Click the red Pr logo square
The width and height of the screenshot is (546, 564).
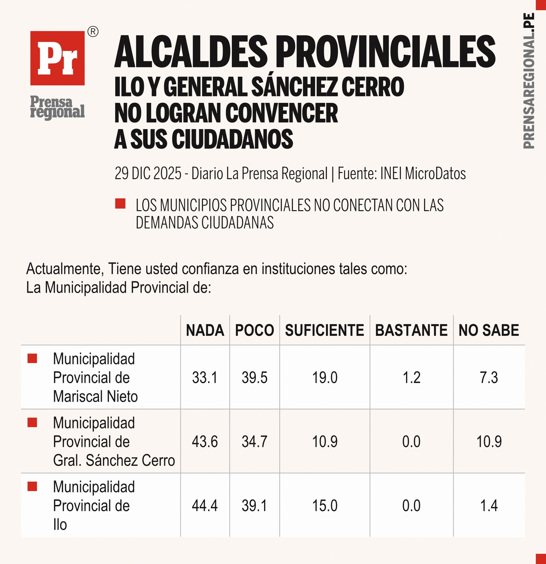(57, 58)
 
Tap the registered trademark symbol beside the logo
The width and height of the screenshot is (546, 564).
(93, 32)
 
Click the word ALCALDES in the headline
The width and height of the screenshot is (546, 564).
(191, 52)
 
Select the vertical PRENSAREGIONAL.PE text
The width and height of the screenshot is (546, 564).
(528, 81)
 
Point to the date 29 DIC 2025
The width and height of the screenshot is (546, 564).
(148, 173)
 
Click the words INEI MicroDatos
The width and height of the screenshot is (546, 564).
(423, 173)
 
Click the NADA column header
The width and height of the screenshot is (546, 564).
(205, 330)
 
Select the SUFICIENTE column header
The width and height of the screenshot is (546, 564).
(324, 330)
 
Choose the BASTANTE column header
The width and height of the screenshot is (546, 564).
(411, 330)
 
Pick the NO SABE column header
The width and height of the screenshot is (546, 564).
(489, 330)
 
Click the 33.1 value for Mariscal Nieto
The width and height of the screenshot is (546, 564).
(205, 378)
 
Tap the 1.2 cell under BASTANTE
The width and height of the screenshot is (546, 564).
(411, 378)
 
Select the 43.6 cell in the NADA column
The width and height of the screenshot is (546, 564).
(205, 442)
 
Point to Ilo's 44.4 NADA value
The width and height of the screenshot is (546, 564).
(205, 506)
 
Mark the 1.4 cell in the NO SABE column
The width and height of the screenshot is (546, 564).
(489, 506)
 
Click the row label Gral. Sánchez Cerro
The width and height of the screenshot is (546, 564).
(114, 460)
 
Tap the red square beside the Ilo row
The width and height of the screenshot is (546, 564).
(32, 486)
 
